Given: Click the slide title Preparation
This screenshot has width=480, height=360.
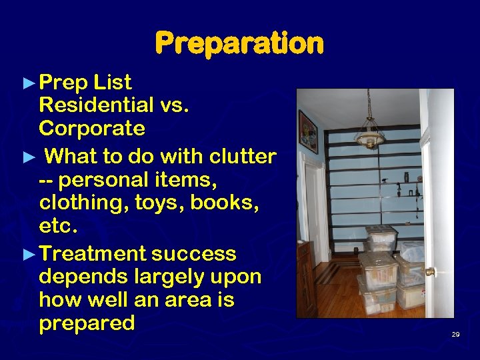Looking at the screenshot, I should pos(239,44).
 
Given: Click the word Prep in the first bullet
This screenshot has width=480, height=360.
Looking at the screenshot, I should pos(63,83).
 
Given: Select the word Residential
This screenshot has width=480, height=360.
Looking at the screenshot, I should pos(97,105).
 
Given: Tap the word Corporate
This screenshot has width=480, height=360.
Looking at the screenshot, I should pos(92,127).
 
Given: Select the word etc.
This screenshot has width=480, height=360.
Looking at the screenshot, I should pos(59,226).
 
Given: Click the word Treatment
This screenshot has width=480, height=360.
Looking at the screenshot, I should pos(93,254).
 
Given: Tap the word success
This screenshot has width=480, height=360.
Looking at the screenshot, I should pos(194,254).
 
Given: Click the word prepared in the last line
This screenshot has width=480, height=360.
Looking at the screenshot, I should pos(87,323).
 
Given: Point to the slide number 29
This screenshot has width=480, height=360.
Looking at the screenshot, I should pos(455,334).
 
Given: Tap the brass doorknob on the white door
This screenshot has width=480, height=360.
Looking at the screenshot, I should pos(431,272).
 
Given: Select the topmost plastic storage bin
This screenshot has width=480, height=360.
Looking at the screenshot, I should pos(382,237).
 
